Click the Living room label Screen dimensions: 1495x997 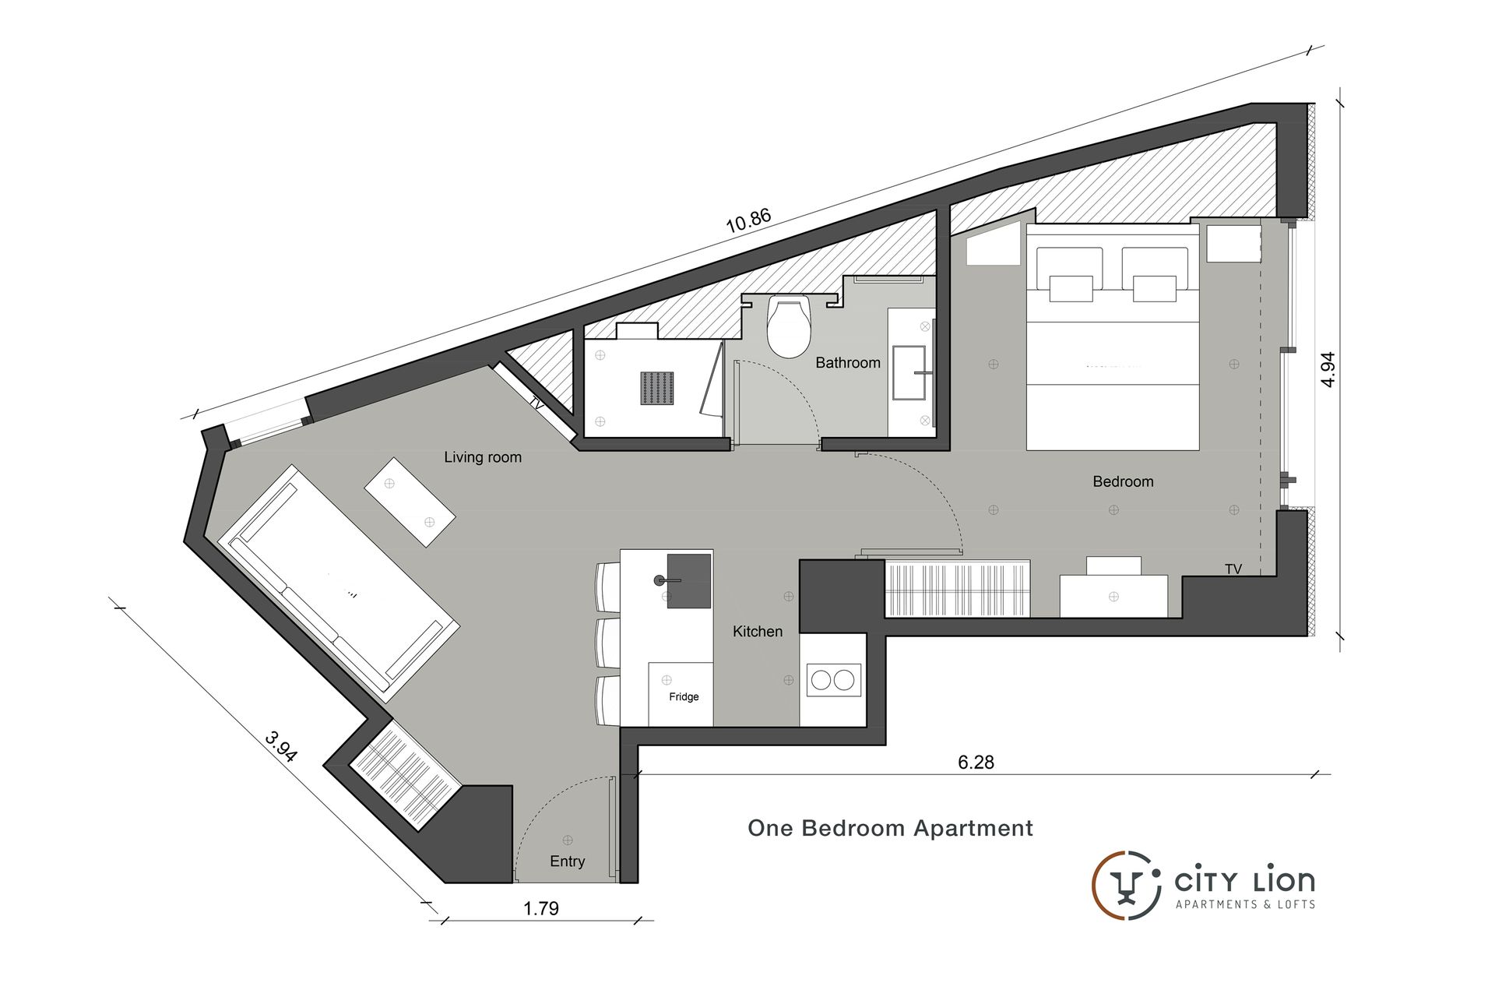pyautogui.click(x=483, y=457)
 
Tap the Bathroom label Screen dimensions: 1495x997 pyautogui.click(x=848, y=363)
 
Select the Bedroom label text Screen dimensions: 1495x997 pyautogui.click(x=1123, y=481)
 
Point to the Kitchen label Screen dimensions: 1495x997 pyautogui.click(x=758, y=632)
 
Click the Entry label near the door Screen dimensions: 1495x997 pyautogui.click(x=567, y=861)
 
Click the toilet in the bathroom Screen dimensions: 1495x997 pyautogui.click(x=789, y=326)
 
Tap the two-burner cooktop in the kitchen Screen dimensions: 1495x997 pyautogui.click(x=833, y=681)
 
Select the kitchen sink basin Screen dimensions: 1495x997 pyautogui.click(x=688, y=580)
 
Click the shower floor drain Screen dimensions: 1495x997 pyautogui.click(x=657, y=388)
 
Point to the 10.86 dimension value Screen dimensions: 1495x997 pyautogui.click(x=748, y=221)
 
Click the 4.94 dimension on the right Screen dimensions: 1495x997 pyautogui.click(x=1328, y=369)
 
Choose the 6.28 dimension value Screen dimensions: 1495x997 pyautogui.click(x=976, y=763)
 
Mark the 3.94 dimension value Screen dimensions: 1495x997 pyautogui.click(x=281, y=746)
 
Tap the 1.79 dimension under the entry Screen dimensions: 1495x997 pyautogui.click(x=541, y=908)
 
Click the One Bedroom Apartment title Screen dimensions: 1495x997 pyautogui.click(x=890, y=828)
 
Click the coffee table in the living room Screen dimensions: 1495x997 pyautogui.click(x=410, y=503)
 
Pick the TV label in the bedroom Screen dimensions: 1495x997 pyautogui.click(x=1233, y=569)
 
